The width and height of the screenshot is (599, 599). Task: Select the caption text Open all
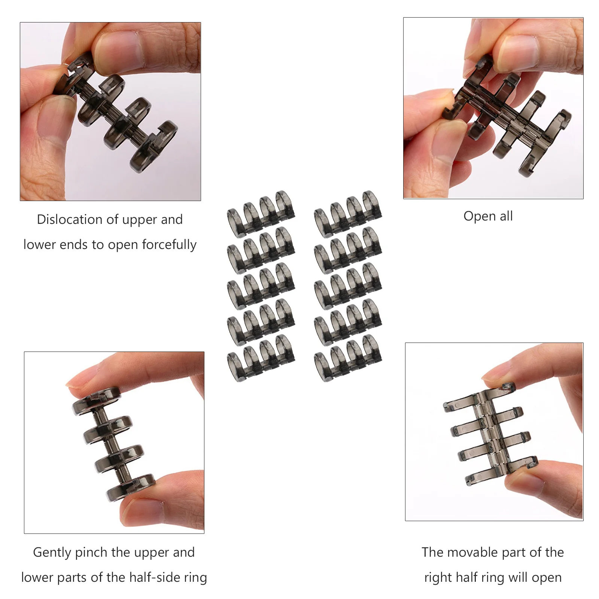click(488, 216)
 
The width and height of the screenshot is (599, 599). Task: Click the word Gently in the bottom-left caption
click(52, 553)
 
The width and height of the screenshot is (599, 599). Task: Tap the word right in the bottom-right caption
click(435, 578)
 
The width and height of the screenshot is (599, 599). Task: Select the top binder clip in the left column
click(261, 214)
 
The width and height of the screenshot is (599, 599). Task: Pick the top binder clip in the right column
click(348, 214)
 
